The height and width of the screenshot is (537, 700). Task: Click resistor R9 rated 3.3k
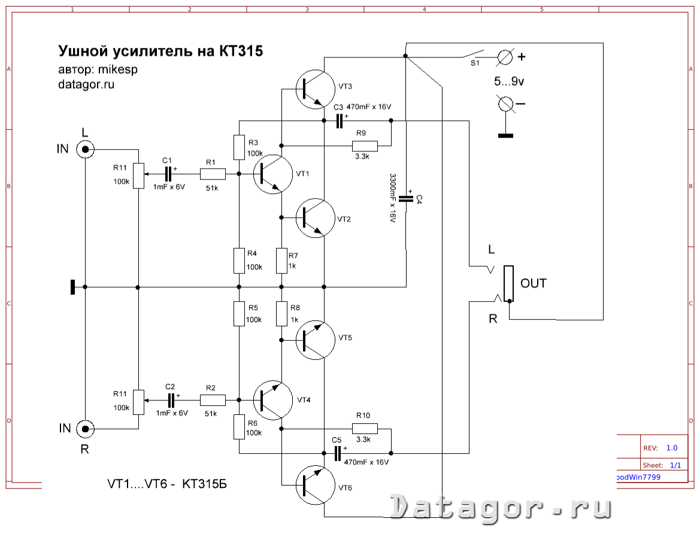point(365,145)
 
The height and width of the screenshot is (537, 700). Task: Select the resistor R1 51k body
point(213,174)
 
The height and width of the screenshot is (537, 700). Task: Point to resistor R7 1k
point(281,261)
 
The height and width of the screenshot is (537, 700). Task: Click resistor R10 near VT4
point(365,428)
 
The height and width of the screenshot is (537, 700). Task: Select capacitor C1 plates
point(169,174)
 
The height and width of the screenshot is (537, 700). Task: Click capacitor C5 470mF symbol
point(338,453)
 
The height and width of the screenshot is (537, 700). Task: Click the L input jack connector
point(86,149)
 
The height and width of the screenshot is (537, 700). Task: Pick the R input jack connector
point(86,428)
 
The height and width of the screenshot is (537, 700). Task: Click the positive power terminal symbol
point(505,57)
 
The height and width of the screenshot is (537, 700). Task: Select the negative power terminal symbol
point(505,104)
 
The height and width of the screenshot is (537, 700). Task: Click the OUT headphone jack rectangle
point(508,283)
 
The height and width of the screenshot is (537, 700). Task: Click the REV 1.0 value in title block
point(671,448)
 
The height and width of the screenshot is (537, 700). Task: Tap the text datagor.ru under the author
point(86,84)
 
